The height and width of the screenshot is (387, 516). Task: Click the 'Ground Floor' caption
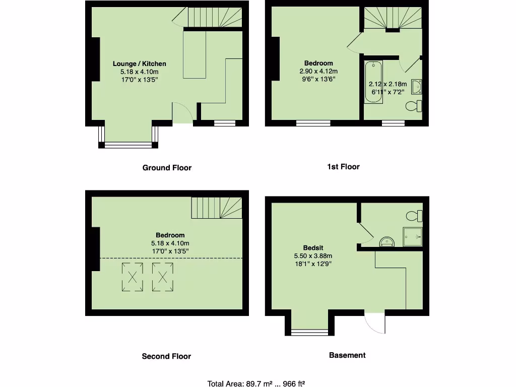167,168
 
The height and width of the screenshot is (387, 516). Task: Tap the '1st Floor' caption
343,166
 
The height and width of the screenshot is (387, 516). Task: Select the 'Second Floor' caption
166,356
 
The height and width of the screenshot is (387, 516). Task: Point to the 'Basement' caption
347,355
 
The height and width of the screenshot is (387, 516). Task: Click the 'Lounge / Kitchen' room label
139,63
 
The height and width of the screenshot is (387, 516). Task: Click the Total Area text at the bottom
256,383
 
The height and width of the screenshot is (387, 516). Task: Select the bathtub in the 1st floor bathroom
373,82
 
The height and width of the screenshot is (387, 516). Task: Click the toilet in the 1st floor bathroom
414,106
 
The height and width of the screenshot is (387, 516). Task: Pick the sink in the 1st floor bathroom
417,87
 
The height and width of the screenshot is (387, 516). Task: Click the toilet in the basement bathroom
414,216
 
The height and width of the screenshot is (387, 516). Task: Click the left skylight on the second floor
133,277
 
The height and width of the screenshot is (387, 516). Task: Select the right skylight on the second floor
163,277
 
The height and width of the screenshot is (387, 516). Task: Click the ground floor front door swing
182,112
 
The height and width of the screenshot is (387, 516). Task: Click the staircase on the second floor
216,208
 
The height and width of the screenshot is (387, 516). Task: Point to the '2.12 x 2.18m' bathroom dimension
388,84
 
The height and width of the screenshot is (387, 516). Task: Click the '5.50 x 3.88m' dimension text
313,256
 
